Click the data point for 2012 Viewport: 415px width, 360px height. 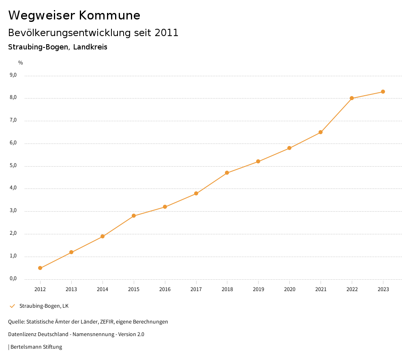[x=40, y=268]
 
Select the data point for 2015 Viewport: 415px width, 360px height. [x=134, y=216]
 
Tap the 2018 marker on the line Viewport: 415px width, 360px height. [x=227, y=173]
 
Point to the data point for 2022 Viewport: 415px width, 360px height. [x=352, y=98]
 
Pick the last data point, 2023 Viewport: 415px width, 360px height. [x=383, y=92]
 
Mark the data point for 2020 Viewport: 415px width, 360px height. [x=289, y=148]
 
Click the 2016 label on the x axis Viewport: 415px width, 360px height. [x=165, y=289]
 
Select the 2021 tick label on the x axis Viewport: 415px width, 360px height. [x=321, y=289]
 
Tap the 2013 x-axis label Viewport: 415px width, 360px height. [x=71, y=289]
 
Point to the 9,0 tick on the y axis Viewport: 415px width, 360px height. [x=13, y=75]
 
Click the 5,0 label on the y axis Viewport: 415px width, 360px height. [x=13, y=165]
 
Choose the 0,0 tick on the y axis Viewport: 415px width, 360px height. [x=13, y=279]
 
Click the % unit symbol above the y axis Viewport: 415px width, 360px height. [x=21, y=62]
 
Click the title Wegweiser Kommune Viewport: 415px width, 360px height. [x=74, y=15]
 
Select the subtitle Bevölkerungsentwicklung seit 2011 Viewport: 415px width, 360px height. [x=93, y=33]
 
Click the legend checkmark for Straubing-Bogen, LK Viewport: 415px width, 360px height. [x=12, y=306]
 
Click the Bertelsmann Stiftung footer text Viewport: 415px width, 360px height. [x=36, y=347]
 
